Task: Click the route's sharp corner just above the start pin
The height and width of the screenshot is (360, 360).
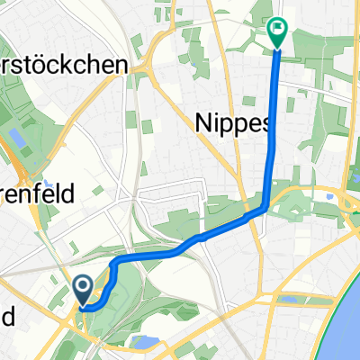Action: (x=114, y=263)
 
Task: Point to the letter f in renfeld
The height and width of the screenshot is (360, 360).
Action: (x=64, y=191)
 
